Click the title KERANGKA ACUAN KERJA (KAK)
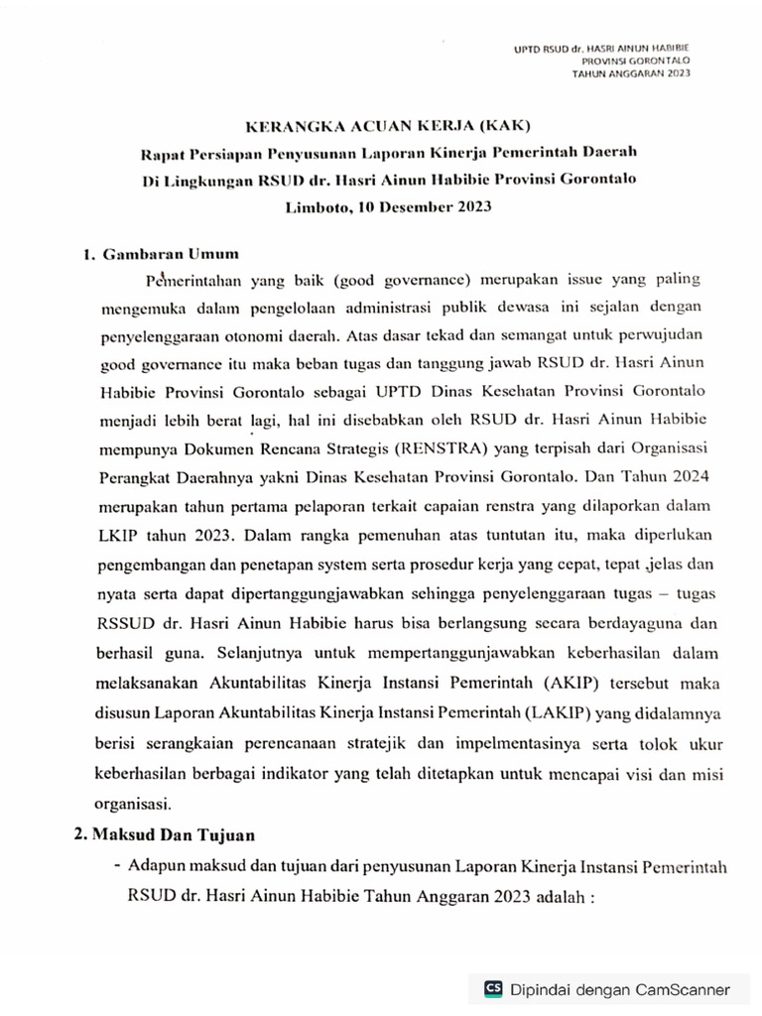389,126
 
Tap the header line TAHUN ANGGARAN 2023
630,73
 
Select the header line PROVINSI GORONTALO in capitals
636,61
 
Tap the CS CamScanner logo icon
493,988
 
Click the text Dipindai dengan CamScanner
620,989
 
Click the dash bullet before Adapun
118,864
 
